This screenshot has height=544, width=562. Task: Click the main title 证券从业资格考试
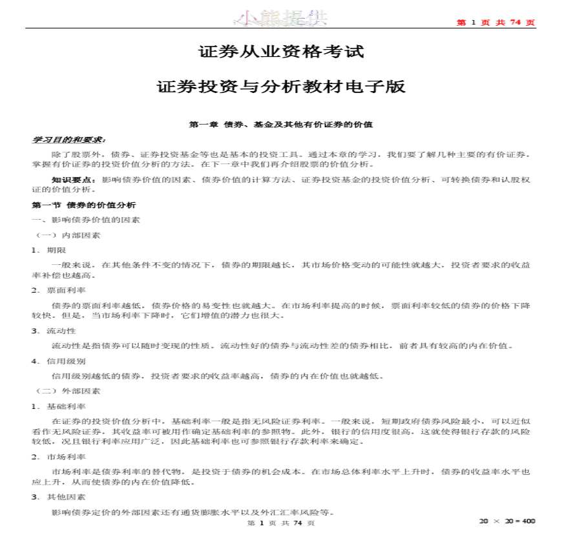[281, 51]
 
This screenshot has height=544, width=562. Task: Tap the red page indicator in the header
[495, 23]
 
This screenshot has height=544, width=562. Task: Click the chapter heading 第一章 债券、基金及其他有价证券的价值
[281, 123]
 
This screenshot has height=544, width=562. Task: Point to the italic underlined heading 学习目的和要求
[69, 139]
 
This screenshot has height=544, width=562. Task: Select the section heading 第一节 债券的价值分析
[84, 205]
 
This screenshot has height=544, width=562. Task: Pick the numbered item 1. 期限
[48, 250]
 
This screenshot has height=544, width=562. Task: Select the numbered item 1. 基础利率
[58, 406]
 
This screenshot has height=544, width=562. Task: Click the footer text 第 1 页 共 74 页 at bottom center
[281, 523]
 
